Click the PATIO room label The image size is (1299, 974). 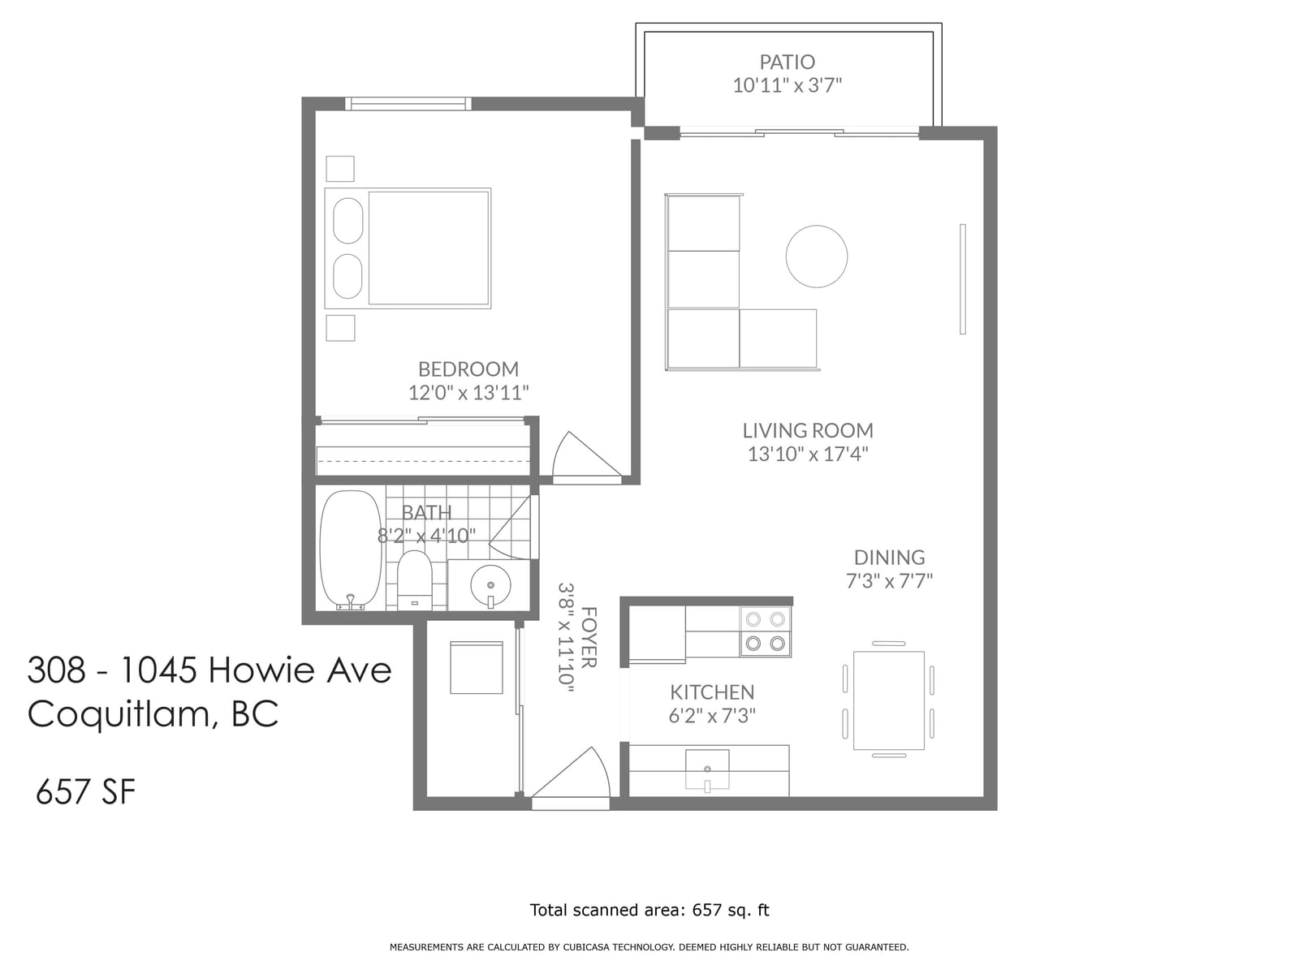(787, 62)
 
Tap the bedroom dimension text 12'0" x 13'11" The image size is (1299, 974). (468, 392)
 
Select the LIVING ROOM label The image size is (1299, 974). (807, 430)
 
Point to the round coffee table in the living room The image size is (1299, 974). (816, 256)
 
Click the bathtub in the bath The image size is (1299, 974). (351, 549)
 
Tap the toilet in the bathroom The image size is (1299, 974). (414, 580)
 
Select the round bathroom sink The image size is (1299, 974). (490, 585)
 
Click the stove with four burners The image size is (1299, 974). (765, 631)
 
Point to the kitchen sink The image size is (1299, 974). (707, 769)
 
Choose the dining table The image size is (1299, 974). (888, 700)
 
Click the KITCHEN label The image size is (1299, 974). (711, 692)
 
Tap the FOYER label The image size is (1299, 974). (589, 637)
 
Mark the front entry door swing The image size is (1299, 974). (571, 774)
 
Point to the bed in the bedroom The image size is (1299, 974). (408, 248)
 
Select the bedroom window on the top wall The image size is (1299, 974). (408, 104)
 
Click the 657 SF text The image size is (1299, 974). (86, 792)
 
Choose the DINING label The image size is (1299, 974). (889, 557)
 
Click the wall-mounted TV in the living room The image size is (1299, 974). (963, 279)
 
